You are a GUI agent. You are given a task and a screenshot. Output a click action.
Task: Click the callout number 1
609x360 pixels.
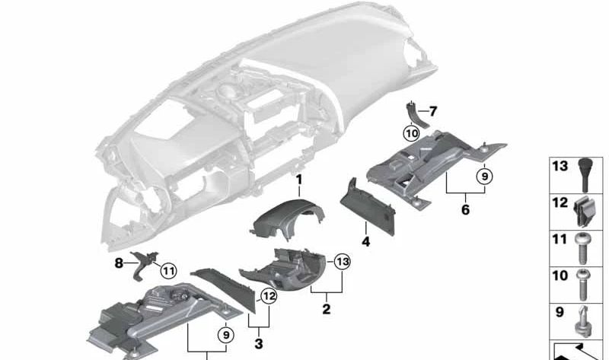(299, 180)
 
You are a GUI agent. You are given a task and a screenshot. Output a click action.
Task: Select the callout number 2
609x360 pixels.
(326, 310)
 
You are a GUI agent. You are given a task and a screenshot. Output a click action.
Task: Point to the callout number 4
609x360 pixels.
(365, 242)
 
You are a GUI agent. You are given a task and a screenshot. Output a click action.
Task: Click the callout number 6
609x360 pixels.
(465, 209)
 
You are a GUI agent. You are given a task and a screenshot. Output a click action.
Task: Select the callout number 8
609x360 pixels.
(118, 263)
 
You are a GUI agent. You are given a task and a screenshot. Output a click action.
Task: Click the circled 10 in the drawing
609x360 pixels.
(411, 133)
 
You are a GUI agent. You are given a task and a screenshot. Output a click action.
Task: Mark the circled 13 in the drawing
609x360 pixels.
(342, 261)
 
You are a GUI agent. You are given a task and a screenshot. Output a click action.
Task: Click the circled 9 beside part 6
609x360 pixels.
(484, 176)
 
